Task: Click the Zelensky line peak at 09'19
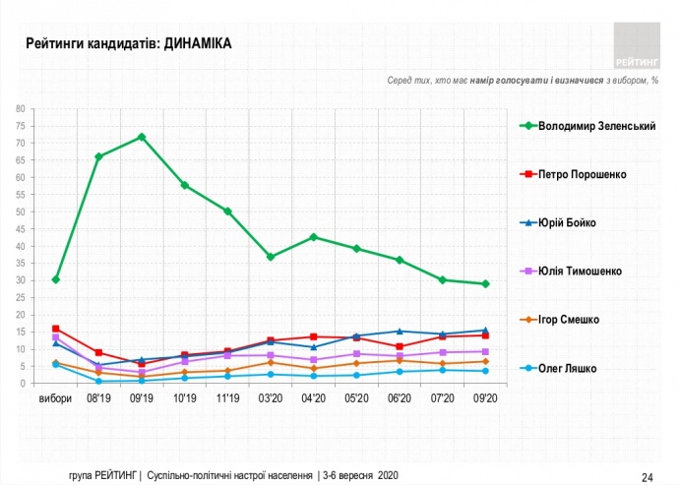[142, 137]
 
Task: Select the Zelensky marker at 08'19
[98, 156]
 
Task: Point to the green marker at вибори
[56, 279]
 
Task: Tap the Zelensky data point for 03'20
[271, 257]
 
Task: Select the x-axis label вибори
[55, 399]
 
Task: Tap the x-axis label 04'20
[313, 399]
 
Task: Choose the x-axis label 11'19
[227, 399]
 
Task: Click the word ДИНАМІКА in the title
[200, 43]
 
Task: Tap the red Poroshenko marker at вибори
[56, 329]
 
